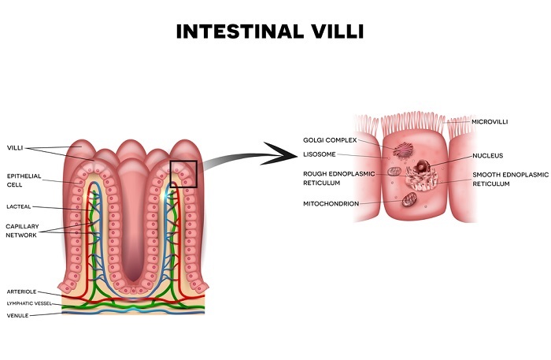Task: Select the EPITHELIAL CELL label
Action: pos(24,180)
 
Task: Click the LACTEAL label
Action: pos(20,207)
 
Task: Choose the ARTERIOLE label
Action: pos(21,291)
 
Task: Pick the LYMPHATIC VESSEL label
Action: pos(28,302)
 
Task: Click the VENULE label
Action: pos(17,314)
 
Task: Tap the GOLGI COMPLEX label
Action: pos(330,139)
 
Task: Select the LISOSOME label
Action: pos(320,154)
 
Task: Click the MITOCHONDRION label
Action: pos(331,203)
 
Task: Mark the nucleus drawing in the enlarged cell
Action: pos(426,167)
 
